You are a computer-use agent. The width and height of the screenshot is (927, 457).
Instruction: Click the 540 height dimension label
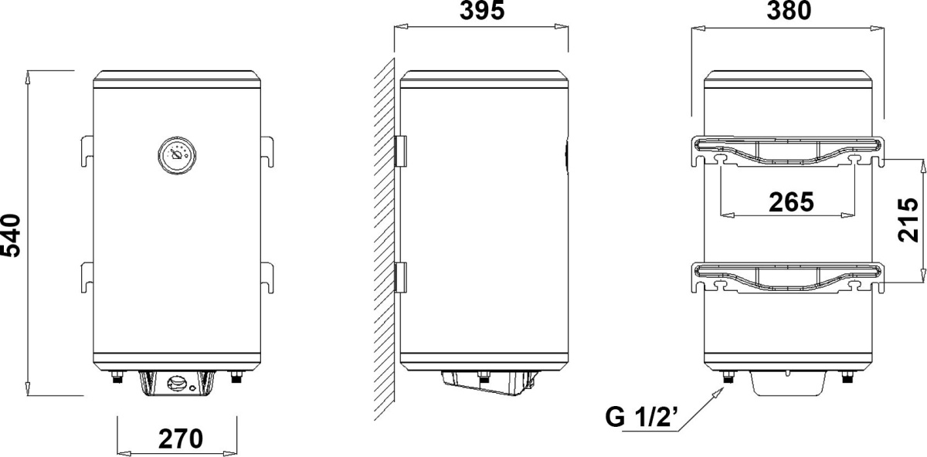pyautogui.click(x=11, y=235)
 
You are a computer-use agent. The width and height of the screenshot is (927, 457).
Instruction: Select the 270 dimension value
pyautogui.click(x=181, y=438)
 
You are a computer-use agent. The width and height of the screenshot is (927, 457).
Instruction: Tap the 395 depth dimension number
pyautogui.click(x=482, y=10)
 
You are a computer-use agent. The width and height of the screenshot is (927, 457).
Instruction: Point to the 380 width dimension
pyautogui.click(x=789, y=10)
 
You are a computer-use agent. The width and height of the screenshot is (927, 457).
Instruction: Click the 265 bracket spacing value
pyautogui.click(x=791, y=201)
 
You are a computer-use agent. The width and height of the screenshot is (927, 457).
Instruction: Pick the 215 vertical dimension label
pyautogui.click(x=908, y=219)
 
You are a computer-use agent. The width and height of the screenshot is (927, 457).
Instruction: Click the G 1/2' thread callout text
pyautogui.click(x=641, y=417)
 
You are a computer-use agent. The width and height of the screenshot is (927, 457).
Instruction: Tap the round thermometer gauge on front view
pyautogui.click(x=177, y=155)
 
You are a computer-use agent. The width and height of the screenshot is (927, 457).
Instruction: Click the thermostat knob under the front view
pyautogui.click(x=177, y=384)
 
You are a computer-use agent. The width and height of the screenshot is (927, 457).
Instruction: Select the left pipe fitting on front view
pyautogui.click(x=117, y=377)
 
